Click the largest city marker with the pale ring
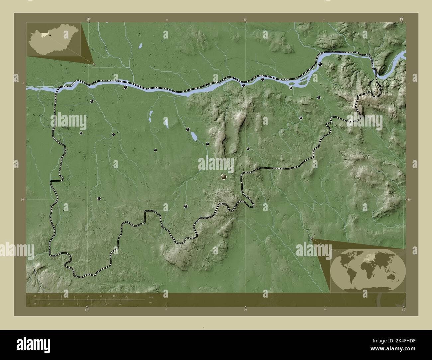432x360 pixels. point(224,177)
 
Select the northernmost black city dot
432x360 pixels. point(320,64)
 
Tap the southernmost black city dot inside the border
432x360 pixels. point(186,206)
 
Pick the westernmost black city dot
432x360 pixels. point(81,133)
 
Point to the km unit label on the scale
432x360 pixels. point(151,297)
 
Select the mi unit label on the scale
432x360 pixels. point(151,303)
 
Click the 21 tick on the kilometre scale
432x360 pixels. point(127,296)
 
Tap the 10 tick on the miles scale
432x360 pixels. point(106,304)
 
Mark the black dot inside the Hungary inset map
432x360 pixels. point(50,35)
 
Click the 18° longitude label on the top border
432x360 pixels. point(88,20)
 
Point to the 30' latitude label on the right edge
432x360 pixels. point(409,200)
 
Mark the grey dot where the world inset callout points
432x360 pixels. point(311,238)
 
